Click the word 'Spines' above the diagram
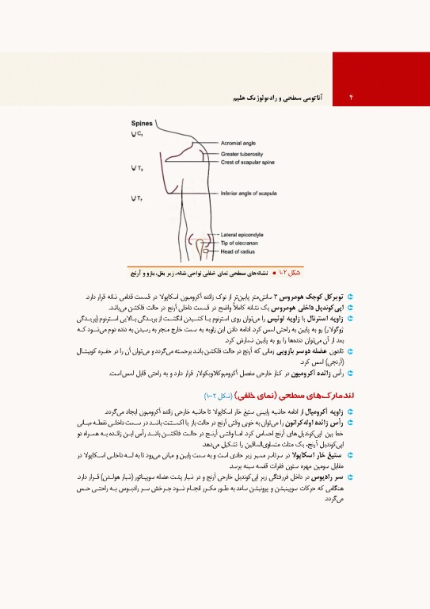[x=142, y=124]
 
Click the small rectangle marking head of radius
[x=204, y=251]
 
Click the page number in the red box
[x=349, y=95]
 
